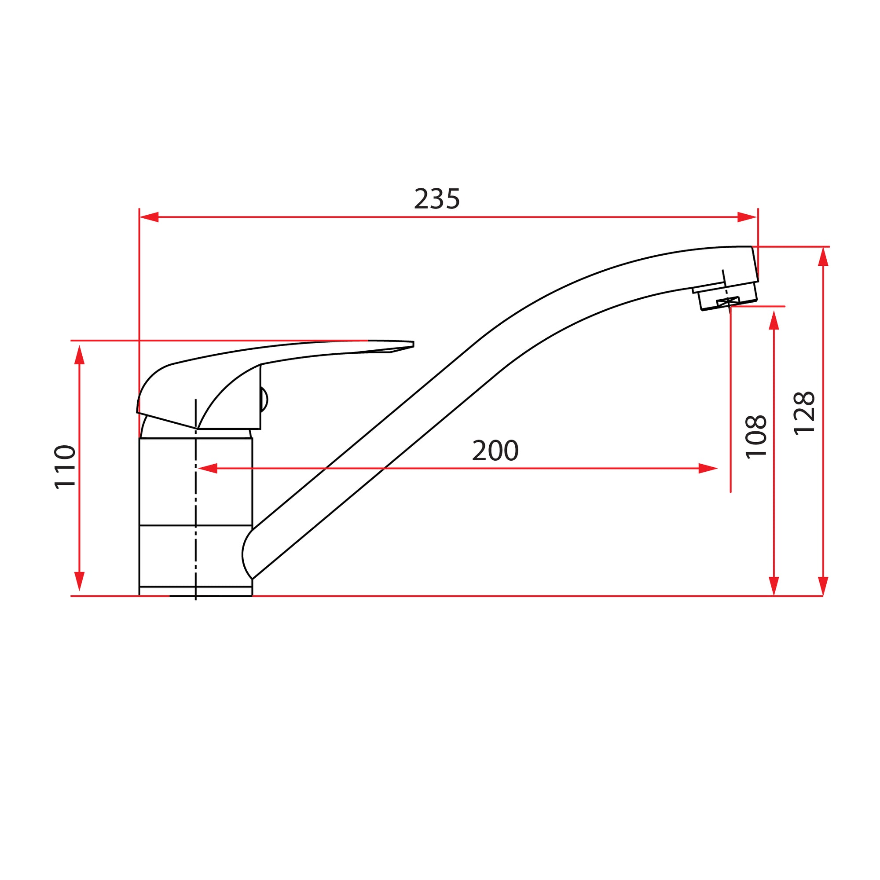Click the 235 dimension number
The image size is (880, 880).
click(437, 199)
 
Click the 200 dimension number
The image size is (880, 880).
click(495, 451)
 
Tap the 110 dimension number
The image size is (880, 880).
click(65, 467)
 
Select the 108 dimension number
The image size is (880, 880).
click(755, 437)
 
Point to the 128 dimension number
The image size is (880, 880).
click(804, 414)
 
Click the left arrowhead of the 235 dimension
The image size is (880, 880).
click(150, 217)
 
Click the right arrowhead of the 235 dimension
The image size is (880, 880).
click(747, 217)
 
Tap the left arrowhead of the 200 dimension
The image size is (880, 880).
click(208, 468)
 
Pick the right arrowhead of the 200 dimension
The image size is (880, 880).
click(708, 468)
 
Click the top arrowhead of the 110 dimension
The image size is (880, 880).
click(80, 355)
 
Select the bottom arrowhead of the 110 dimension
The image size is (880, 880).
click(80, 581)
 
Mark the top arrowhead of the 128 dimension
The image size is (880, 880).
click(823, 257)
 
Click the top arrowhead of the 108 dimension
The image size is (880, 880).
click(774, 320)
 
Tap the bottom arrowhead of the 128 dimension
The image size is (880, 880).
click(823, 586)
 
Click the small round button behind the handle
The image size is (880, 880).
click(264, 400)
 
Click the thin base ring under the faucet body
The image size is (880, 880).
click(196, 591)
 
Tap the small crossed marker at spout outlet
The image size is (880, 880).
click(728, 301)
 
